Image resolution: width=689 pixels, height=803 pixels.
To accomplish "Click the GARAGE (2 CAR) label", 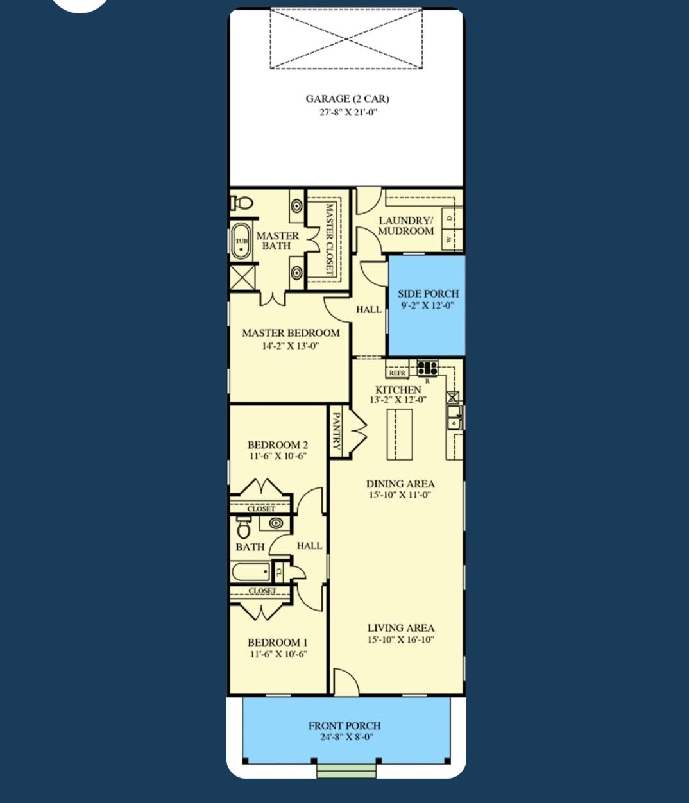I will coord(346,99).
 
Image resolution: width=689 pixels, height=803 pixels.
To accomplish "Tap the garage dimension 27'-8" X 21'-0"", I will coord(346,112).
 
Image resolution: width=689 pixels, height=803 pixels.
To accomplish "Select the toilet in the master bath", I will coord(242,203).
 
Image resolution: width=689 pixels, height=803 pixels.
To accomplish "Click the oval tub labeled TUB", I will coord(241,241).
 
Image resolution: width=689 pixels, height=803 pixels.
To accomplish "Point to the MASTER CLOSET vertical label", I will coord(329,239).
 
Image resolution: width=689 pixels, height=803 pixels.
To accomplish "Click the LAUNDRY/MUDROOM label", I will coord(405,226).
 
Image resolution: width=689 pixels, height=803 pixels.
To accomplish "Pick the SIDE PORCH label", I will coord(428,294).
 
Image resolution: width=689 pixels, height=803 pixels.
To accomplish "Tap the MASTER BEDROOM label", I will coord(291,333).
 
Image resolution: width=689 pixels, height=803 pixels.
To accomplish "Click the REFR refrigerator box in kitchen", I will coord(397,373).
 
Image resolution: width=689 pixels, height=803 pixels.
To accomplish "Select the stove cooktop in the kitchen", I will coord(427,368).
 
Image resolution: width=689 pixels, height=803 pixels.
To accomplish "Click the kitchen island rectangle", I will coord(400,434).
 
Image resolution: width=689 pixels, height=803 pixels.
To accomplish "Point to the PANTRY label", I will coord(336,432).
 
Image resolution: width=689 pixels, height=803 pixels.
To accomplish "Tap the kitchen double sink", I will coord(454,418).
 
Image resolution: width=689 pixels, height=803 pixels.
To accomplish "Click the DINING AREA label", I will coord(400,484).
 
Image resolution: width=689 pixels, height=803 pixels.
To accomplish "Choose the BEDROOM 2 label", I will coord(278,444).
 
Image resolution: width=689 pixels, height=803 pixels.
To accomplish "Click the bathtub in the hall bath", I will coord(251,571).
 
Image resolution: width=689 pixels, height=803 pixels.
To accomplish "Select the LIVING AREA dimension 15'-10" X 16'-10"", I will coord(401,639).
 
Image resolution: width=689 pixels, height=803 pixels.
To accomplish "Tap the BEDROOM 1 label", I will coord(278,642).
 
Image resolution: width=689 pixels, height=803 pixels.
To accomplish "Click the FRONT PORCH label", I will coord(344,725).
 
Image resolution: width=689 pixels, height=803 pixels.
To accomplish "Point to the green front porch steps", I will coord(346,770).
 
